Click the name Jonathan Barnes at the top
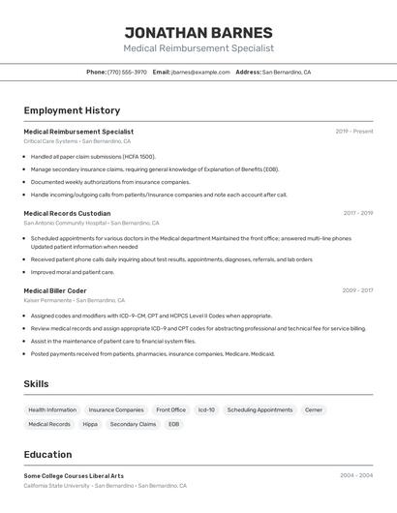point(198,32)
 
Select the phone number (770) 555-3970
point(127,72)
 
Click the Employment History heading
point(72,110)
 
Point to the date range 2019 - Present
point(354,131)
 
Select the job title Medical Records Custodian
point(67,213)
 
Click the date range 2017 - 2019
point(358,213)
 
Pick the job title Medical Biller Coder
point(55,290)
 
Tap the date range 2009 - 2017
point(357,290)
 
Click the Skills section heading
point(36,384)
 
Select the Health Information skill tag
point(52,409)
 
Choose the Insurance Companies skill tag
point(116,409)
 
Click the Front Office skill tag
point(170,409)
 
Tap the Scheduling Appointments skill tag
point(260,409)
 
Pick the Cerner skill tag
point(314,409)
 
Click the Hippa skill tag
point(90,424)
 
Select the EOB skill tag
point(173,424)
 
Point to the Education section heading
point(47,454)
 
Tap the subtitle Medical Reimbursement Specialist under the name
point(198,48)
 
